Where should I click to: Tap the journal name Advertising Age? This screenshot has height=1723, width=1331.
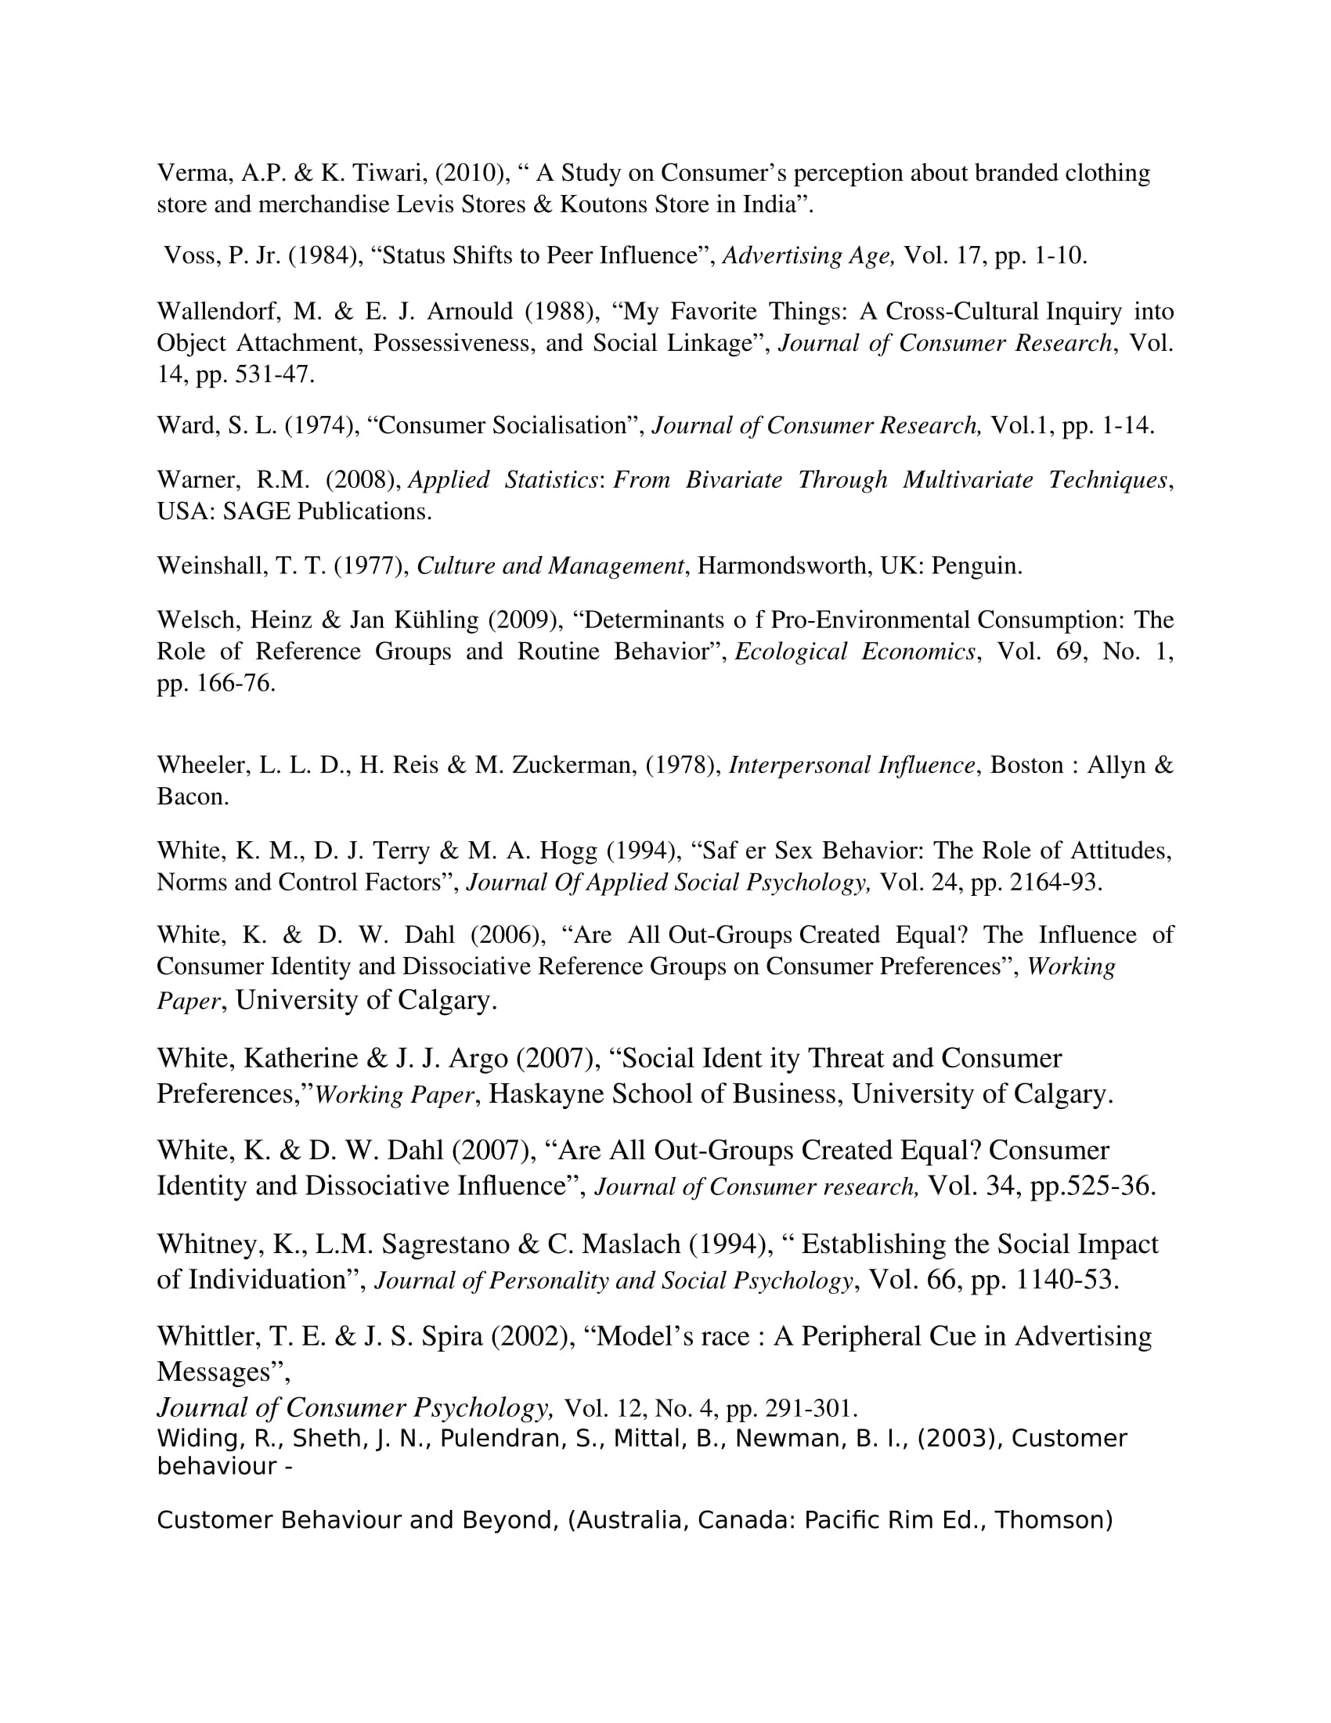pyautogui.click(x=807, y=255)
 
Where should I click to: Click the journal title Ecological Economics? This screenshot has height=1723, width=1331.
pyautogui.click(x=855, y=652)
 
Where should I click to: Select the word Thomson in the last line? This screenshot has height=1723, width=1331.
pyautogui.click(x=1050, y=1520)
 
